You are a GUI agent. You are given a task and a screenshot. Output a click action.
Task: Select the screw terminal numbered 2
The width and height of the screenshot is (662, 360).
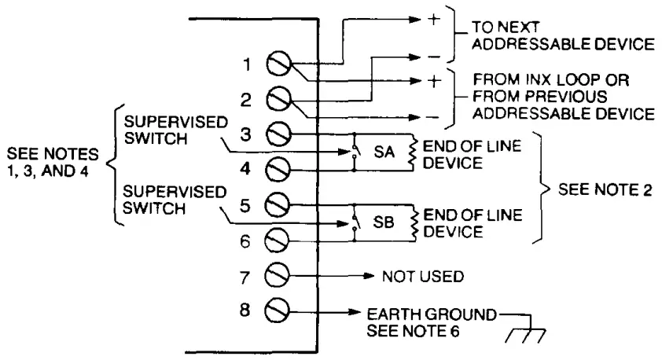click(279, 100)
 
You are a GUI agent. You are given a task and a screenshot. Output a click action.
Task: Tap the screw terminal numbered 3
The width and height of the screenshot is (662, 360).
click(279, 134)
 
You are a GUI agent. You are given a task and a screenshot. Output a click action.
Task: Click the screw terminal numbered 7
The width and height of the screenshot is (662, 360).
click(279, 276)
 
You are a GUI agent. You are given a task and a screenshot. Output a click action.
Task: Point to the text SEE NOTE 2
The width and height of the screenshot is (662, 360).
click(599, 190)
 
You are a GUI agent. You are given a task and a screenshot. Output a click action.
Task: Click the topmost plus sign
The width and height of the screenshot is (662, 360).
click(432, 20)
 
